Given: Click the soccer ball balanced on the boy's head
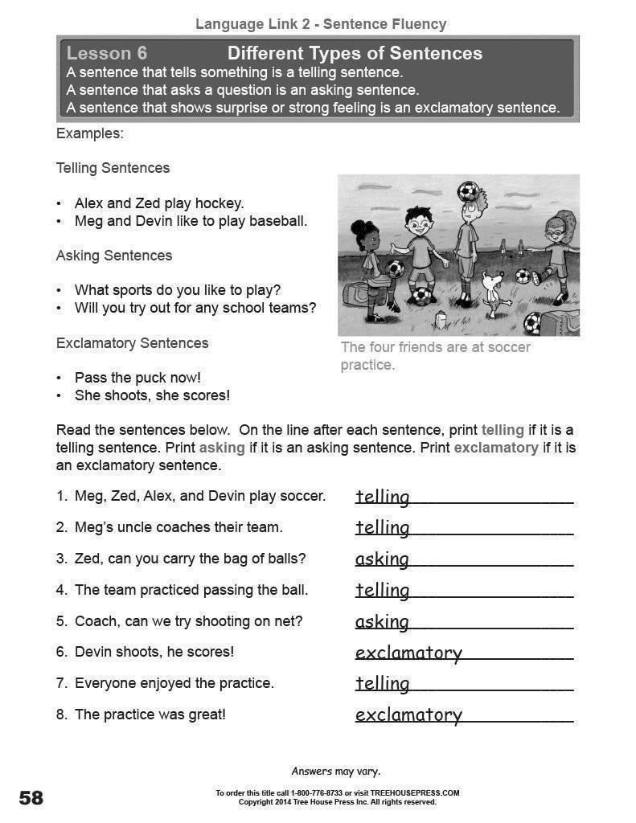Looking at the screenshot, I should pyautogui.click(x=468, y=191).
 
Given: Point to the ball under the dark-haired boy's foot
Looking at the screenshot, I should pyautogui.click(x=421, y=297).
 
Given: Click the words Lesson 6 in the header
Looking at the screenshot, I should pyautogui.click(x=107, y=54).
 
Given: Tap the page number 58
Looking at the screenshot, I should pyautogui.click(x=31, y=798).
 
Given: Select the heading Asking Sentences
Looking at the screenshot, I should pyautogui.click(x=114, y=256).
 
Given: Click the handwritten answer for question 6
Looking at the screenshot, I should pyautogui.click(x=408, y=653).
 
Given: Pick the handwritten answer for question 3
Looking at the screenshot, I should pyautogui.click(x=382, y=559).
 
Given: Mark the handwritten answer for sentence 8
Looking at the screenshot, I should pyautogui.click(x=408, y=715).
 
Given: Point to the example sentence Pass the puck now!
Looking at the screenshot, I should pyautogui.click(x=137, y=378).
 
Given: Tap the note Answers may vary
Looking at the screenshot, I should pyautogui.click(x=335, y=772).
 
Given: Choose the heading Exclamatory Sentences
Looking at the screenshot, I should pyautogui.click(x=132, y=343).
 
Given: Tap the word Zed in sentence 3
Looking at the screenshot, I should pyautogui.click(x=87, y=559).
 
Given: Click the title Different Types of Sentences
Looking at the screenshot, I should pyautogui.click(x=355, y=54).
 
